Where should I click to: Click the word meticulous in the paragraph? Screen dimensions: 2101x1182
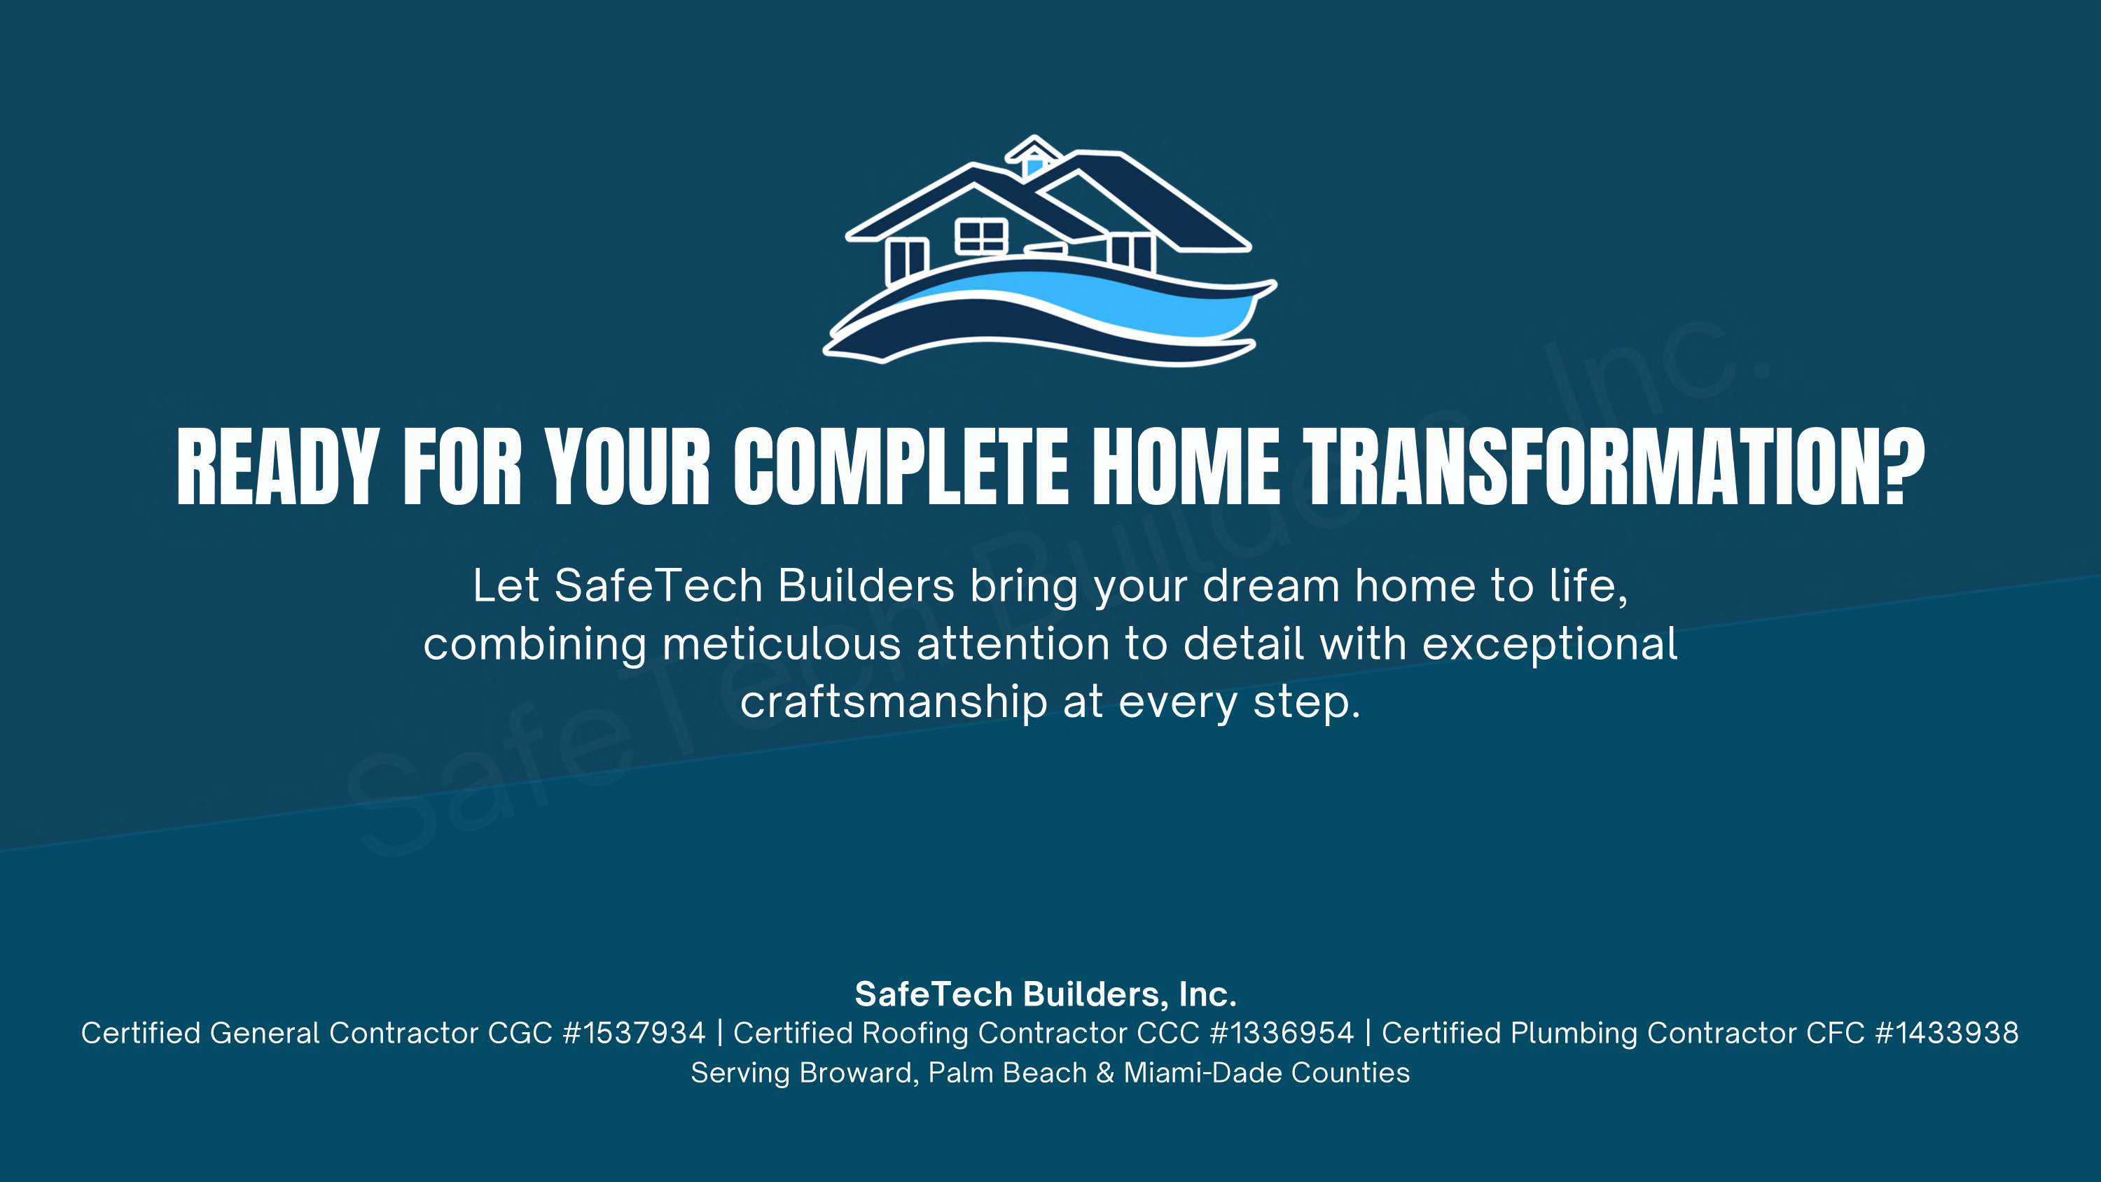click(x=782, y=644)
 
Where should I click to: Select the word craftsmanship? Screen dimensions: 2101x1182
click(x=894, y=702)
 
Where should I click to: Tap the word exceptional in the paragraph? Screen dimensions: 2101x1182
click(x=1550, y=644)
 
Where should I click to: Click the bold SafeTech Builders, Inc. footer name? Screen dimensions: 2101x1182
click(x=1046, y=994)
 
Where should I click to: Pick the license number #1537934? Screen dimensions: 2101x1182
click(x=634, y=1034)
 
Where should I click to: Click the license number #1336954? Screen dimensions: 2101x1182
click(x=1282, y=1034)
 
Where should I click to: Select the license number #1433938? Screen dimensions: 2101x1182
click(x=1947, y=1034)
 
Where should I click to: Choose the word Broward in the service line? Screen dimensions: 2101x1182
click(x=856, y=1073)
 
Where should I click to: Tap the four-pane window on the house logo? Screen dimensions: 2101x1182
click(x=981, y=236)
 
